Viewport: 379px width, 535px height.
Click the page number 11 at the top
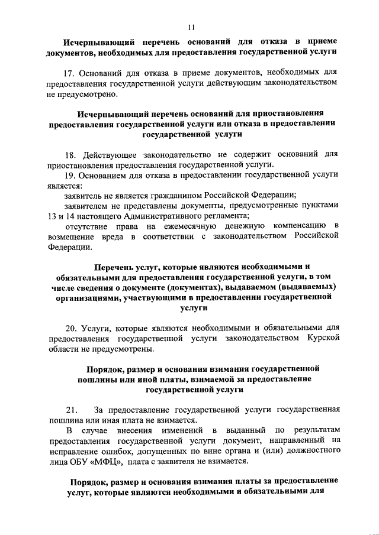190,26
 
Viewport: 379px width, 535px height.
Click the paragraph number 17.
70,73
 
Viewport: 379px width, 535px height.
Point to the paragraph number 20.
70,328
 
